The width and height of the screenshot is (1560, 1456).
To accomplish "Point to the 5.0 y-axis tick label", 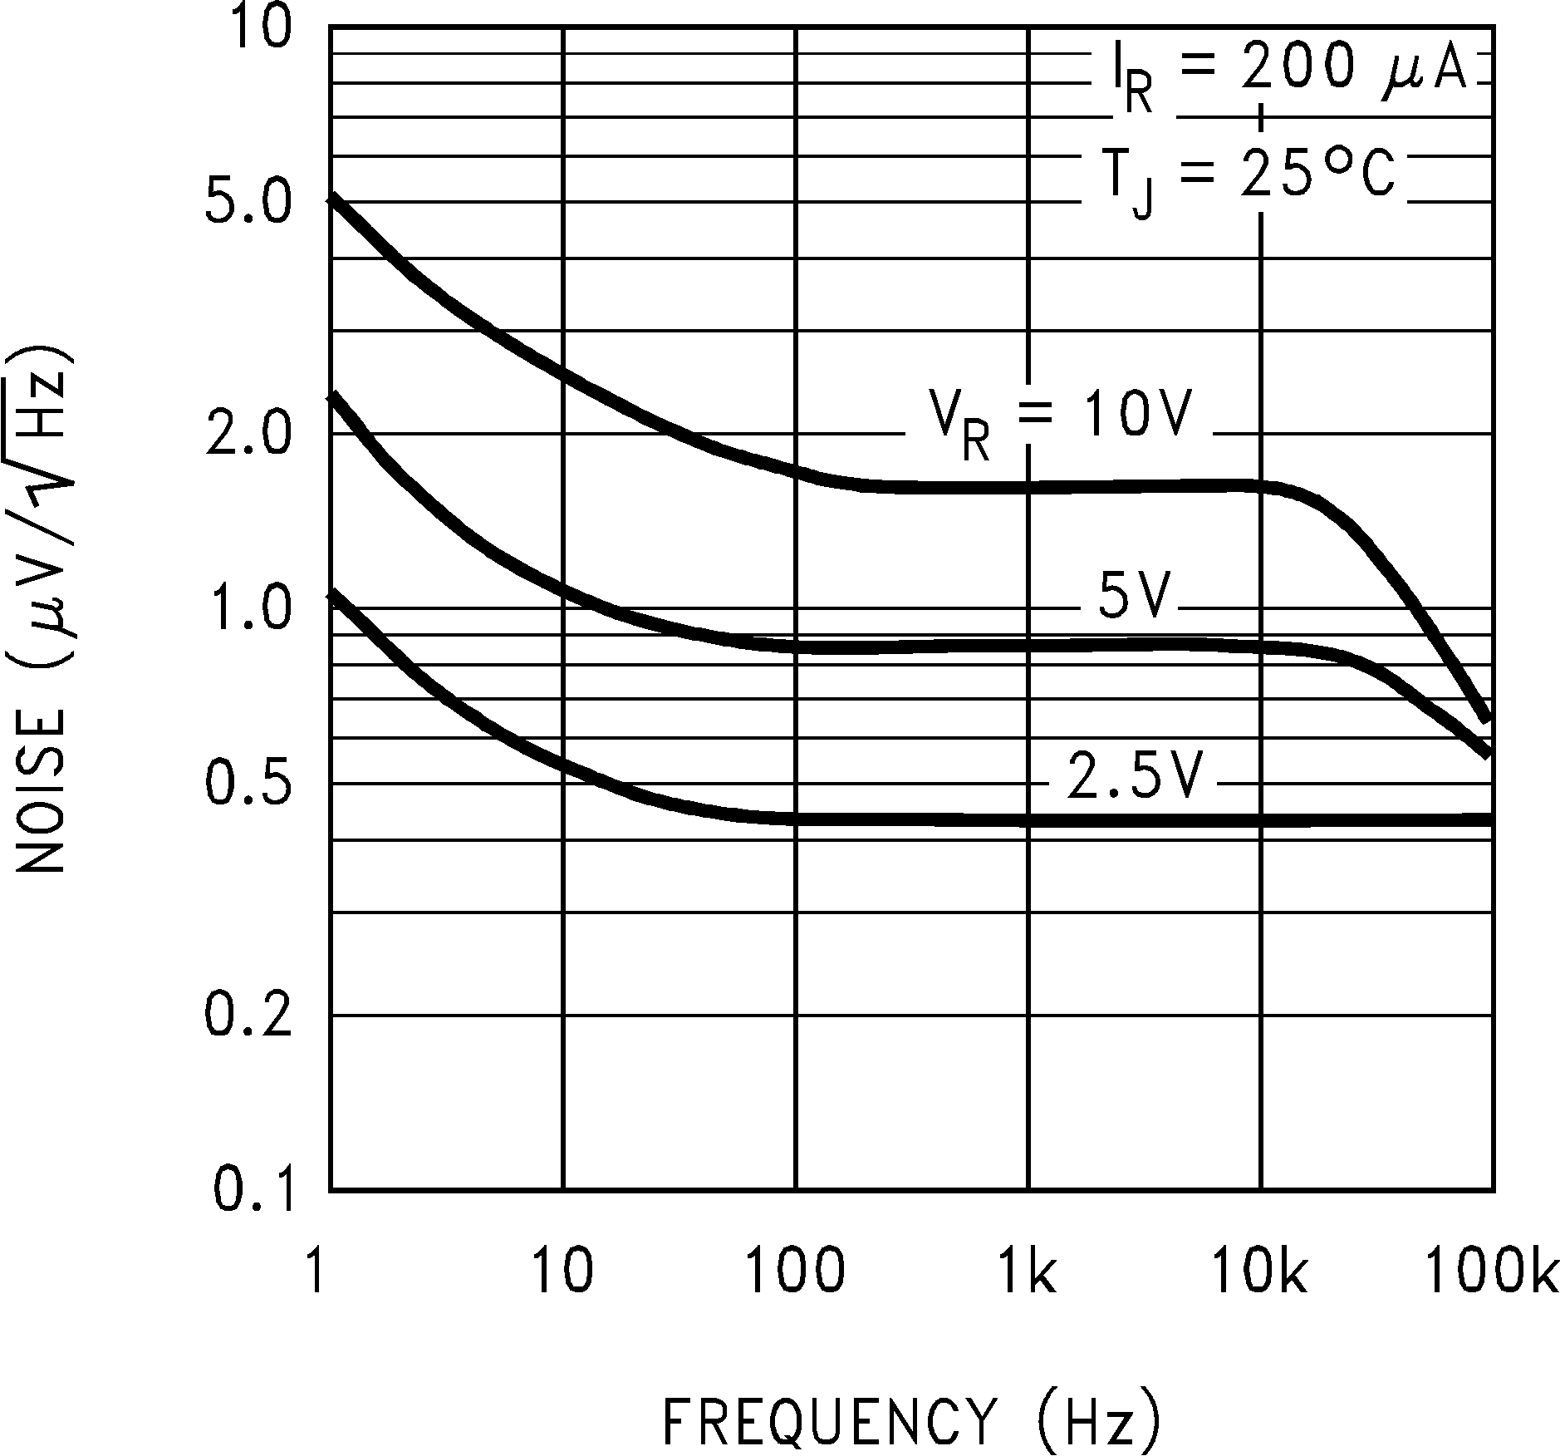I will point(249,204).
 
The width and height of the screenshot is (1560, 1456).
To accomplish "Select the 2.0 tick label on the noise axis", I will point(249,434).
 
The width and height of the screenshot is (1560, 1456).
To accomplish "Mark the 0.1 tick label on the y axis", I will point(253,1189).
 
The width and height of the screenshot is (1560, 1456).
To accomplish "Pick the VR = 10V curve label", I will point(1059,421).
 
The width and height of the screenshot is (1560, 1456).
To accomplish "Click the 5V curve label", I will point(1134,595).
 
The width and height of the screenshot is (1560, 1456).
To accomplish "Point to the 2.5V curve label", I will point(1134,776).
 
